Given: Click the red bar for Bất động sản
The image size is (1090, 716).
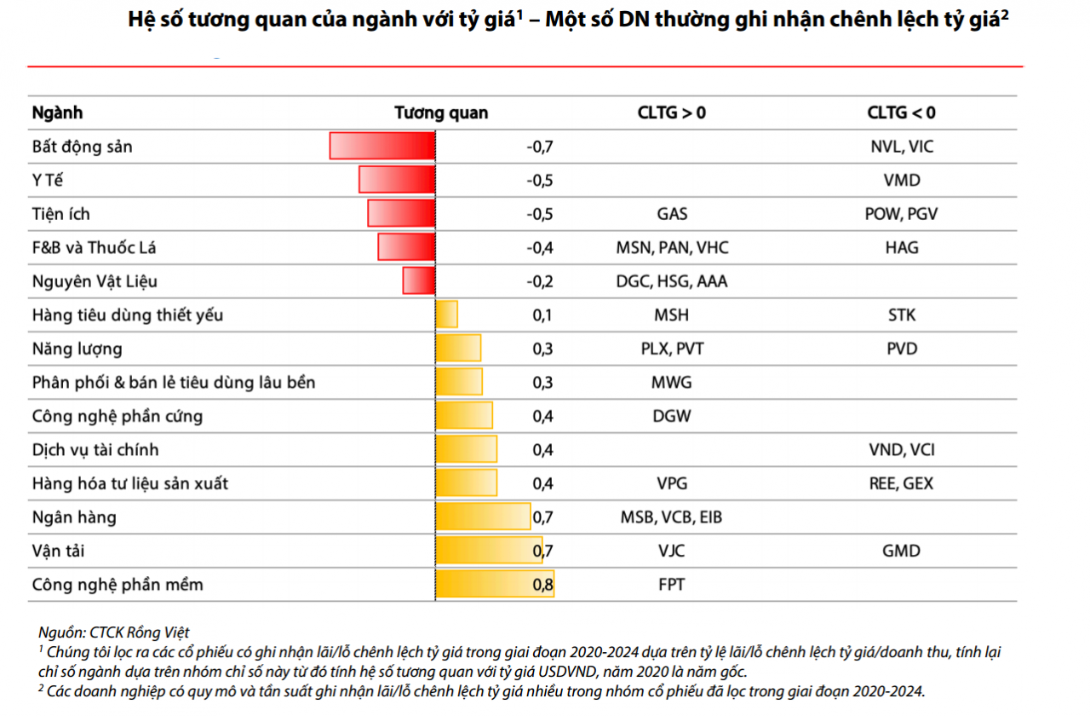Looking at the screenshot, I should click(382, 146).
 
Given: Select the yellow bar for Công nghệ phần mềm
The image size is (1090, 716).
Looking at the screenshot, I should click(494, 585).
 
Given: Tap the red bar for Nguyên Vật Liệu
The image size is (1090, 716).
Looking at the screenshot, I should click(419, 280).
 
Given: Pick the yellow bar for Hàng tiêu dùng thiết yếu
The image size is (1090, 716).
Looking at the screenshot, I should click(446, 315).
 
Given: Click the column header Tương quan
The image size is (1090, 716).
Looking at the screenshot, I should click(441, 113).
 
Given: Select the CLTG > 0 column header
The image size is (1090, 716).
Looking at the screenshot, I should click(671, 113).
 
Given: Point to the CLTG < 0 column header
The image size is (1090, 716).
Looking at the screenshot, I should click(901, 113).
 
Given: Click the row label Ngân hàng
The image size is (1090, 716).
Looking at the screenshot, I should click(74, 517).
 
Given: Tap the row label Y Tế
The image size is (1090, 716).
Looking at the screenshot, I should click(49, 180).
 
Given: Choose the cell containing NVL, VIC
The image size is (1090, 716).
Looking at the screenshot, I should click(901, 147).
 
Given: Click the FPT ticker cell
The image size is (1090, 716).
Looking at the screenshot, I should click(671, 585).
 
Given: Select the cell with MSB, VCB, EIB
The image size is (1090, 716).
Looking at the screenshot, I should click(671, 517).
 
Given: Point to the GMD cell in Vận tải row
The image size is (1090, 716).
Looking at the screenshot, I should click(901, 551).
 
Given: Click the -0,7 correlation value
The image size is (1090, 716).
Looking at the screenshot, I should click(540, 147).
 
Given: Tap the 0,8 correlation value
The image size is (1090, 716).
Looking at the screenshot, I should click(542, 585).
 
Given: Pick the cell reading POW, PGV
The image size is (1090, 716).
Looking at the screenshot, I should click(901, 214).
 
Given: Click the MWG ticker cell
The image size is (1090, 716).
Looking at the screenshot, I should click(671, 382).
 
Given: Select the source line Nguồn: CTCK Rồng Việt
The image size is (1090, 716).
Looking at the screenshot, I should click(114, 632).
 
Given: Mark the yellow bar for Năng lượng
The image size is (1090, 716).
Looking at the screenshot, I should click(458, 349).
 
